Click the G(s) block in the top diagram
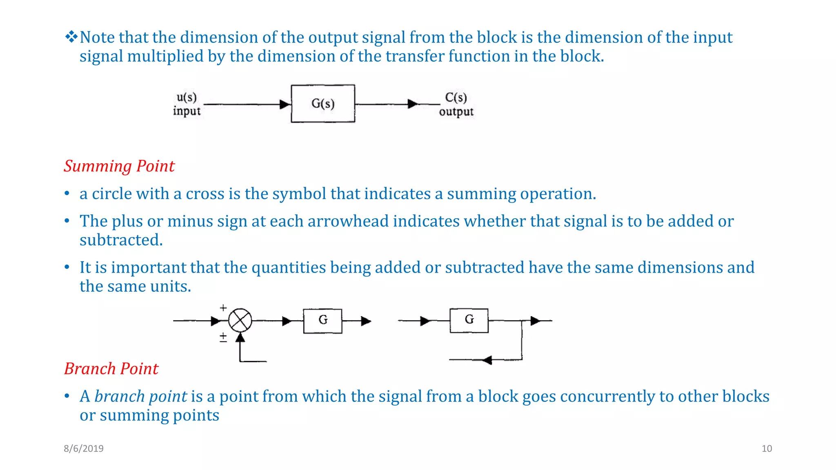322,104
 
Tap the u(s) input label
187,104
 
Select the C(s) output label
456,104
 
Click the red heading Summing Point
119,166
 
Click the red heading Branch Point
111,368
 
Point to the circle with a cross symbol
240,321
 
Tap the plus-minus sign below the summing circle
223,337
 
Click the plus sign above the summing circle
223,308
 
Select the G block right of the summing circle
322,321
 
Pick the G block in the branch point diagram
469,320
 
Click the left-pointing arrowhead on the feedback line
487,360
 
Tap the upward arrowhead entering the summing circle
240,337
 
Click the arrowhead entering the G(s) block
285,104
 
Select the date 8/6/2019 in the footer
84,448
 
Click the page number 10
767,448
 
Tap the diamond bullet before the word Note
71,37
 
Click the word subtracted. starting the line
121,240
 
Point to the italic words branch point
141,396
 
